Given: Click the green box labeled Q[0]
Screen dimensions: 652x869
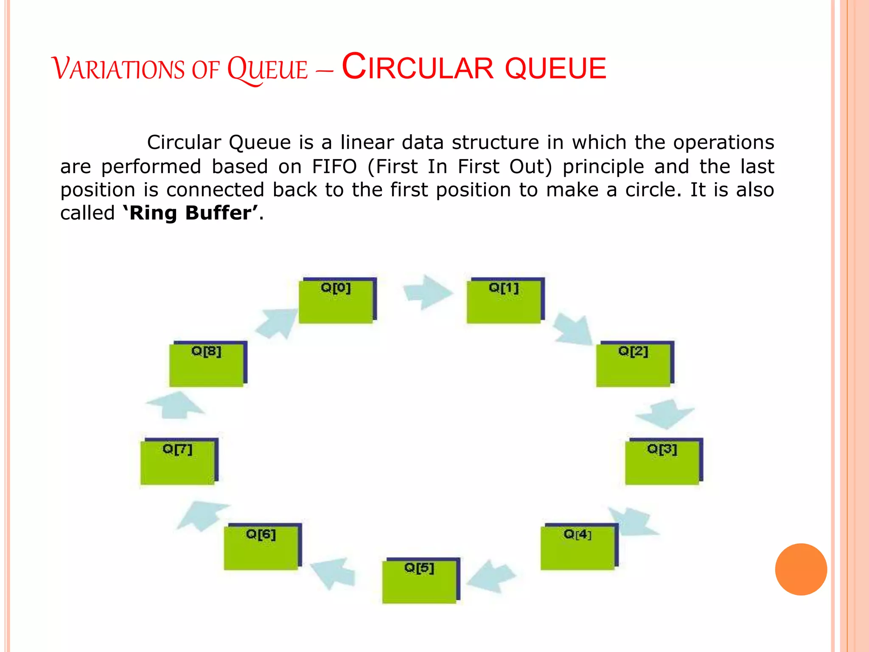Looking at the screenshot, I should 336,301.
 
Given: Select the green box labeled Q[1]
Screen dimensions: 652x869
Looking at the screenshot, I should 504,301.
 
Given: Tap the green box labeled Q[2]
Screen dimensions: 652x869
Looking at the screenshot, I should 634,365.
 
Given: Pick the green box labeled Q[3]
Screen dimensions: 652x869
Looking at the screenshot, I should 662,462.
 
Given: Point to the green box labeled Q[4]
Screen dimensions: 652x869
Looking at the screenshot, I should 578,548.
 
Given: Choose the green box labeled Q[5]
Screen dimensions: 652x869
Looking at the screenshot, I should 420,581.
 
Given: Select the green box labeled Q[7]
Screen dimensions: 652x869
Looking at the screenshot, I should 178,462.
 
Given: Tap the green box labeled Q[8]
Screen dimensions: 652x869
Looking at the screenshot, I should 207,365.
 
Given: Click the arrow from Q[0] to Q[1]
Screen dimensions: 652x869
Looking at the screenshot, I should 426,292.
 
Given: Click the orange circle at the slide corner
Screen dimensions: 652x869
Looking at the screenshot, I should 801,569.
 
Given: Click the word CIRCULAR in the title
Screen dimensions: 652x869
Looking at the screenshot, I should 418,68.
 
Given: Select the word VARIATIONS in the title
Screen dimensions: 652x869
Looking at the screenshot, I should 118,69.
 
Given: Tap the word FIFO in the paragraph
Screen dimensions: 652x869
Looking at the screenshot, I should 334,166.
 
